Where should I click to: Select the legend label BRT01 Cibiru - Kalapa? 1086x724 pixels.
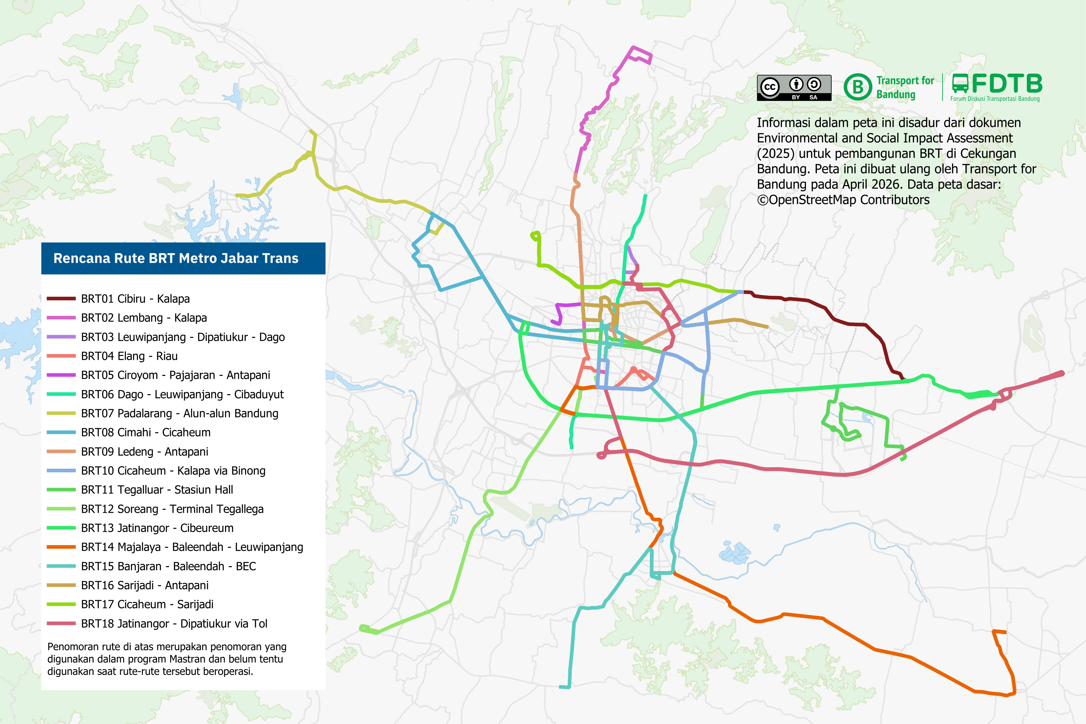pos(135,299)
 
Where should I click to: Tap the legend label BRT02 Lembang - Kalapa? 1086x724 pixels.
pos(143,318)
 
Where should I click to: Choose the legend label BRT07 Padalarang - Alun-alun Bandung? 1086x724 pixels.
pos(180,413)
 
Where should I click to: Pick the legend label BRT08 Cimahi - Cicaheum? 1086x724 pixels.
pos(146,432)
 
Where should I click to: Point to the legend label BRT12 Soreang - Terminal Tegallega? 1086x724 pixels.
pos(172,509)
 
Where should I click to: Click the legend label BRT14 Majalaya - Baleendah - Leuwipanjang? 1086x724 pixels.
pos(192,547)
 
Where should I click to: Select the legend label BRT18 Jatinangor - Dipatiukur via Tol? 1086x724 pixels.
pos(174,624)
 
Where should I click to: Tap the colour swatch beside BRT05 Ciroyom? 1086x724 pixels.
pos(61,375)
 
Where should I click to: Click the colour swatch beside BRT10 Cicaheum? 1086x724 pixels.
pos(61,471)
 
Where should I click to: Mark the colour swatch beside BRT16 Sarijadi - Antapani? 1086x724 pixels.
pos(61,585)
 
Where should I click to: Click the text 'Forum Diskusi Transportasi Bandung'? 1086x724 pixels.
pos(995,99)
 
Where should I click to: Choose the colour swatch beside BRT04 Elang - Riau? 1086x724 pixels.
pos(61,356)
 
